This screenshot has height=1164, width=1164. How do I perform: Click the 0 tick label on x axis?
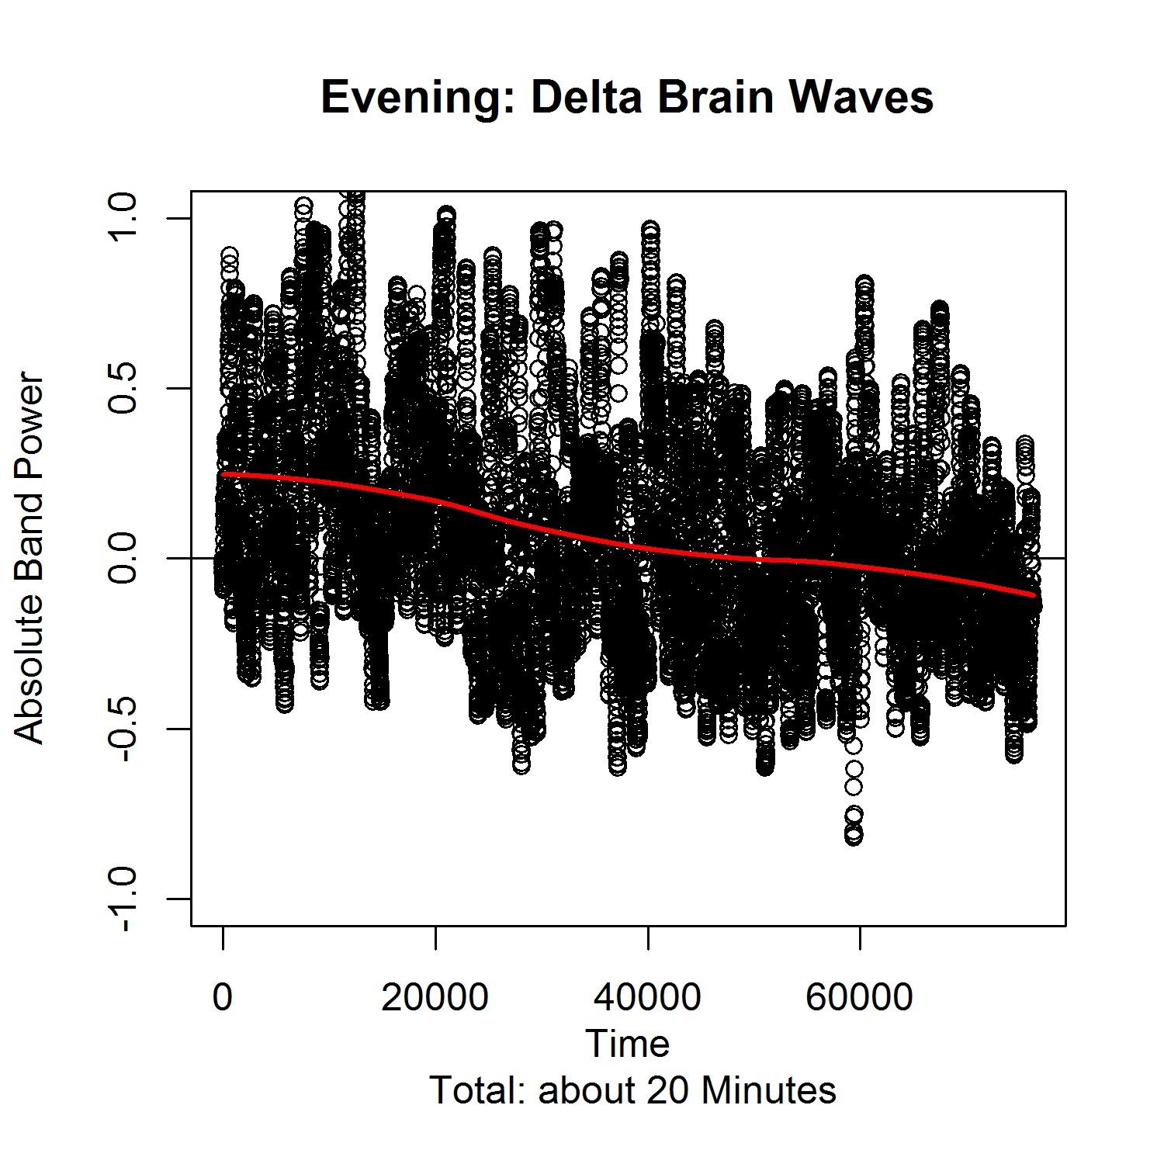click(x=223, y=996)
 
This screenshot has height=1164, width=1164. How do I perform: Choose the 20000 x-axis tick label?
click(x=435, y=996)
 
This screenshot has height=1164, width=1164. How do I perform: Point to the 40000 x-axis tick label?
click(x=647, y=996)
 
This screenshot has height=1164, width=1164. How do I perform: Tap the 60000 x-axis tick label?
click(x=860, y=996)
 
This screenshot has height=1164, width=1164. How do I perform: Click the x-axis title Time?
click(x=628, y=1044)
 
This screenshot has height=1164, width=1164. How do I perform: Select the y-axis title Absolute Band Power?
click(x=30, y=559)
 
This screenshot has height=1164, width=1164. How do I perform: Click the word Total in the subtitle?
click(x=474, y=1090)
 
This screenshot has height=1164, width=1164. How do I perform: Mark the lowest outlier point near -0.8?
click(x=854, y=837)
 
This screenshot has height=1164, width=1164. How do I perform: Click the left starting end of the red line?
click(x=223, y=473)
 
